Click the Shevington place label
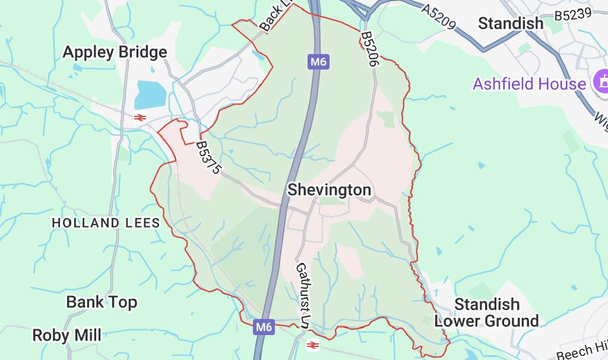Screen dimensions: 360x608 (329, 190)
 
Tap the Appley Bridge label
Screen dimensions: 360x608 (115, 52)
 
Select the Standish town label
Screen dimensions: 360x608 (510, 24)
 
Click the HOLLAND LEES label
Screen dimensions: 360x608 (106, 223)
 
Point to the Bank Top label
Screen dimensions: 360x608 (102, 302)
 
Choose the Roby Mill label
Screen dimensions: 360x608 (66, 335)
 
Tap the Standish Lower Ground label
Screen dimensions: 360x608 (486, 313)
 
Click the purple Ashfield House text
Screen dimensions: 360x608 (529, 84)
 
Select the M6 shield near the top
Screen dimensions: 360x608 (318, 61)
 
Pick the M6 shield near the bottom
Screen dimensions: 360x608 (265, 326)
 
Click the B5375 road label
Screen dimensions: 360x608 (208, 157)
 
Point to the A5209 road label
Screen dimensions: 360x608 (439, 17)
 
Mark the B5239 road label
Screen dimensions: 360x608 (572, 14)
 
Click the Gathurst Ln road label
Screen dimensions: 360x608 (303, 295)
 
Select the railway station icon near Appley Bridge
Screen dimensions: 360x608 (140, 118)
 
